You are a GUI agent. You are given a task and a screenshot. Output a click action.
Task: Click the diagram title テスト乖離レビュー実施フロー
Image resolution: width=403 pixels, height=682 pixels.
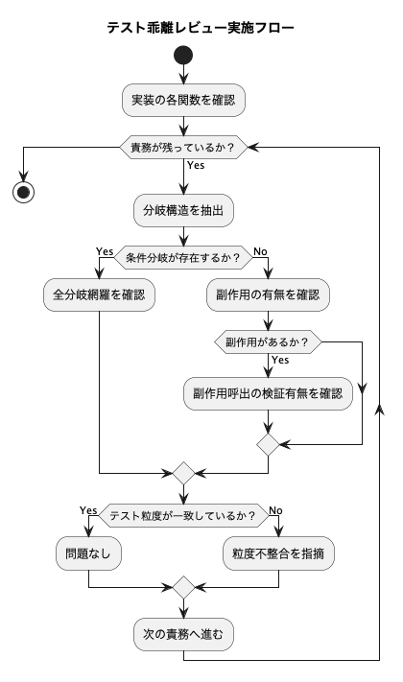click(x=201, y=28)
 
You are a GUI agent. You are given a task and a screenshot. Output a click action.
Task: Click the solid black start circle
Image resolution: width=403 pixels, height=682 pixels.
click(x=183, y=56)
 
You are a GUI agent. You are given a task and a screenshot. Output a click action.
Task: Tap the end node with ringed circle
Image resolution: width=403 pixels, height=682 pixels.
click(x=23, y=192)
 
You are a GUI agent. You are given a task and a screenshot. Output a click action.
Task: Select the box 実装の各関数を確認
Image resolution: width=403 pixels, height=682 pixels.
click(x=183, y=100)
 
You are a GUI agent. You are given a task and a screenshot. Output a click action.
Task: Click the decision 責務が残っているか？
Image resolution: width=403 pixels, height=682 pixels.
click(x=183, y=148)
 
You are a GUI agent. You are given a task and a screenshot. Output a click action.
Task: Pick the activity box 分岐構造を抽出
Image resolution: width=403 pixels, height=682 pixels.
click(x=183, y=210)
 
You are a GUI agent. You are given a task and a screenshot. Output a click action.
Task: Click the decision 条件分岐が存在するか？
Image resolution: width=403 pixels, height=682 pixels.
click(x=183, y=257)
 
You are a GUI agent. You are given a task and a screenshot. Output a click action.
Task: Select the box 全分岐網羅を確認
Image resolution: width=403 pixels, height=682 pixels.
click(x=99, y=294)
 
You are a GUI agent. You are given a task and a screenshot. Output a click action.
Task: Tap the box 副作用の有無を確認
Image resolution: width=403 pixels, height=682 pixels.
click(x=268, y=294)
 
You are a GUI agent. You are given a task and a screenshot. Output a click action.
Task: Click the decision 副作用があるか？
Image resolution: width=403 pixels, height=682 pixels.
click(x=268, y=341)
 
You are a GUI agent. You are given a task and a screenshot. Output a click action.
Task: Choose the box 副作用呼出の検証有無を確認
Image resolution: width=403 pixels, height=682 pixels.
click(x=268, y=393)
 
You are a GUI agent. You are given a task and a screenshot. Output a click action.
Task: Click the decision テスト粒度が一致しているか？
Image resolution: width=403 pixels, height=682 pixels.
click(x=183, y=516)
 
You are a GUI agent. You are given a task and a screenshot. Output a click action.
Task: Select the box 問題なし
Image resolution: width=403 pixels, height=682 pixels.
click(x=88, y=553)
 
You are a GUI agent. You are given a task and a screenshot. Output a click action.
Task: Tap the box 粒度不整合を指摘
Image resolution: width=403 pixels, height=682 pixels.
click(x=278, y=553)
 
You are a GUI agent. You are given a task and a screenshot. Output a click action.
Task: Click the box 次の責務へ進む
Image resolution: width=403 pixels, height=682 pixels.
click(x=183, y=635)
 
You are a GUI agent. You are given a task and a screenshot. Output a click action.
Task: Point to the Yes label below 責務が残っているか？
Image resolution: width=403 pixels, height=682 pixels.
click(x=196, y=165)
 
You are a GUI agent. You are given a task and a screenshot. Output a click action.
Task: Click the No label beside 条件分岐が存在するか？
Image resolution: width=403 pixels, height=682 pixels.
click(x=260, y=251)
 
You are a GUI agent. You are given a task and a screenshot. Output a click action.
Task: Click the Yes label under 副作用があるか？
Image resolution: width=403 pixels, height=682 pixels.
click(x=280, y=360)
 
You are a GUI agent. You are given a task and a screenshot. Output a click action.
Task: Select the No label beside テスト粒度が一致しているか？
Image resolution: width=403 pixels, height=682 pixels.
click(x=276, y=510)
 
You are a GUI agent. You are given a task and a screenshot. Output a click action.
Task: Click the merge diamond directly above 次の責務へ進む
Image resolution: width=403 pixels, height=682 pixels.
click(x=183, y=588)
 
